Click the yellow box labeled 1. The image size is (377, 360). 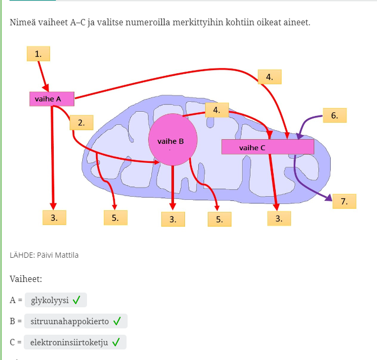38,54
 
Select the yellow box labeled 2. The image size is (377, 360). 81,123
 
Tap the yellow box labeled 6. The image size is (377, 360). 334,115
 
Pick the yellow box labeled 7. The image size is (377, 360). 344,201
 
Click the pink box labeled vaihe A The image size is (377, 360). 52,99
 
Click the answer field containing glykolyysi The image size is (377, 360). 55,300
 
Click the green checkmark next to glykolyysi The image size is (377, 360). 76,300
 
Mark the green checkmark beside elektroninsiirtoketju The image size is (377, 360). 116,342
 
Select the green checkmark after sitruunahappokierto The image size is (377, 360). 117,321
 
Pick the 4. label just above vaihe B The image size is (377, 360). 216,110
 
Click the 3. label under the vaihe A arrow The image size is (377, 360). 54,217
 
